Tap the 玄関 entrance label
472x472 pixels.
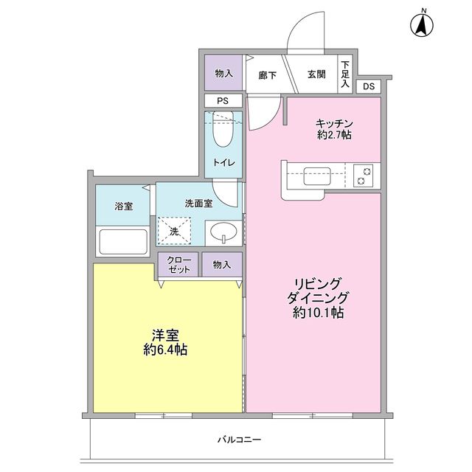(x=316, y=74)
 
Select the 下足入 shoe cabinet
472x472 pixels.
(x=345, y=74)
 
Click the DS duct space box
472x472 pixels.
(x=369, y=87)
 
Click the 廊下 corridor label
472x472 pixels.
(x=267, y=74)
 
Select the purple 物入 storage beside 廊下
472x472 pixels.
(x=223, y=73)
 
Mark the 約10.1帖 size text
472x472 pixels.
(x=318, y=312)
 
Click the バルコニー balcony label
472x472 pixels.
(x=239, y=440)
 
